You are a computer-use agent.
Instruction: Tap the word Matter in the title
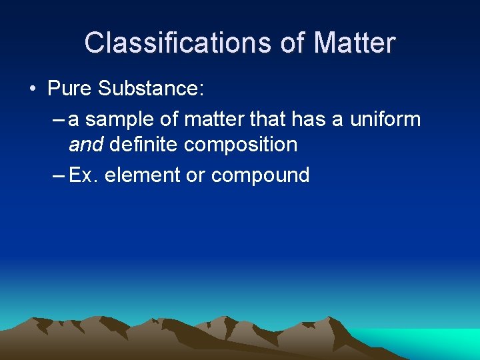355,43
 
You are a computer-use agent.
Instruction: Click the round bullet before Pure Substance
33,89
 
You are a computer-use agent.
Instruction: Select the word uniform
385,120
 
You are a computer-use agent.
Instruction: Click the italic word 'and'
86,144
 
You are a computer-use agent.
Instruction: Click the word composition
241,145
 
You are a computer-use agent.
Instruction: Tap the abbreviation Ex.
83,175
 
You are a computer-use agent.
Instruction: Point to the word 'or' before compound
195,176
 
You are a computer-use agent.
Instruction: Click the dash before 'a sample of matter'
57,121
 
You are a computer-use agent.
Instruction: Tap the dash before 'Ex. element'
57,176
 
